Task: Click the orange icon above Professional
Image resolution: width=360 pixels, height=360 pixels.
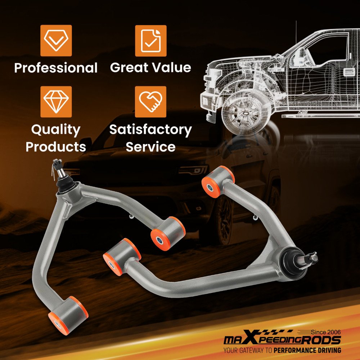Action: click(x=56, y=41)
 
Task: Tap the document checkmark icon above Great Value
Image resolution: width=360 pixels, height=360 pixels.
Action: click(x=150, y=41)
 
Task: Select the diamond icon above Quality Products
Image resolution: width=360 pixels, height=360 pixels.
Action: click(x=56, y=102)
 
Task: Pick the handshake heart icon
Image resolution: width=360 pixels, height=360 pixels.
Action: click(x=150, y=102)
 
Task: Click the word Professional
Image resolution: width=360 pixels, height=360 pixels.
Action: click(x=56, y=68)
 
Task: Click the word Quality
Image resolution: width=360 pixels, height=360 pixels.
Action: click(x=56, y=130)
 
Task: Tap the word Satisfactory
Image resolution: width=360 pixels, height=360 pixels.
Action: click(x=150, y=130)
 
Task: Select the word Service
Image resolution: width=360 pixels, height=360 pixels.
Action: click(x=150, y=147)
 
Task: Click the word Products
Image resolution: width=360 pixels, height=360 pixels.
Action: click(x=56, y=147)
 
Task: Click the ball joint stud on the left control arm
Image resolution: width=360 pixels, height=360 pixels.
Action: click(x=59, y=170)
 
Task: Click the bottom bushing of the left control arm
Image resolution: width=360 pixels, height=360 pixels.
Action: click(x=68, y=315)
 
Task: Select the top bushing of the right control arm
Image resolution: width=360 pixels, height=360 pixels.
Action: click(x=218, y=181)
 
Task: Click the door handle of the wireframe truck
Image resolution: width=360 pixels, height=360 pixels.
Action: click(x=349, y=72)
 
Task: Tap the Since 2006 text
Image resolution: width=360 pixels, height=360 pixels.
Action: click(x=326, y=332)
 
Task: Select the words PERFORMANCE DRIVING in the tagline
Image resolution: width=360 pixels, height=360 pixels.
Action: click(x=307, y=350)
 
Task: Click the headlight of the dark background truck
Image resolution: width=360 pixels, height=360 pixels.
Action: click(x=193, y=170)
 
